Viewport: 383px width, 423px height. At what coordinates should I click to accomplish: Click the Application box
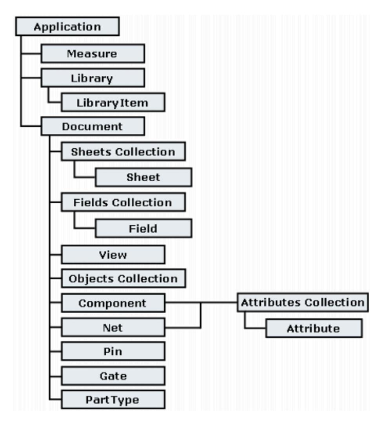67,27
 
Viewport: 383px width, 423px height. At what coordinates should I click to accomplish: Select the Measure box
93,53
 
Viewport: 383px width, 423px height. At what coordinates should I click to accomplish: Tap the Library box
93,78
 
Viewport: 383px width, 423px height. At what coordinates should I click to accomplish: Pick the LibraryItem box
112,102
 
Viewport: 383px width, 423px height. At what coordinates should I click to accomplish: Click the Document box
93,127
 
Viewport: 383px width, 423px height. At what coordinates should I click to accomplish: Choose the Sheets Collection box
123,152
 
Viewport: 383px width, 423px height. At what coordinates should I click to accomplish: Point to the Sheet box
143,177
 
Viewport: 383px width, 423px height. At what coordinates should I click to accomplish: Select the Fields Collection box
123,202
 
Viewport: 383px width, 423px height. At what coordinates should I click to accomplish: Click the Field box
143,228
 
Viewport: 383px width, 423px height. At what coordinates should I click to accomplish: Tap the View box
113,254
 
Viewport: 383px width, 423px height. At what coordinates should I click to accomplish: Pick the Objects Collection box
123,279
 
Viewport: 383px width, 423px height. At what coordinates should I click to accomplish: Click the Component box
113,303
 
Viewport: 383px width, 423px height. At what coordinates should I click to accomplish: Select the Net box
113,328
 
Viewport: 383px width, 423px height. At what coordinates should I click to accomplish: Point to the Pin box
113,352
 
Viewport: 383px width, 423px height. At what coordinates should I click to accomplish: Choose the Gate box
113,376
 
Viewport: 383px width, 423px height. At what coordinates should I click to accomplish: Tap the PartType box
113,400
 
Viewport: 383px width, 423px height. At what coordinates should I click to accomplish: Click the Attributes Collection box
302,303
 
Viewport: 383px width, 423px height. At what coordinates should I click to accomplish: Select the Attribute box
313,328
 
